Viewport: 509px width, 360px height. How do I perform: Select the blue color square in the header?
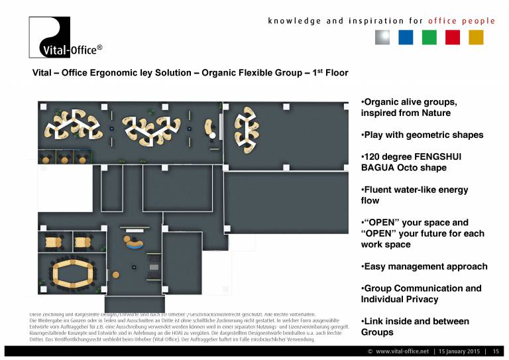coord(406,37)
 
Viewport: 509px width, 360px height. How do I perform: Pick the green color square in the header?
coord(429,37)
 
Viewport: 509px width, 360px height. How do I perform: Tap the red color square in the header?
coord(453,37)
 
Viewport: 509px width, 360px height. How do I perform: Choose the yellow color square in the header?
coord(477,37)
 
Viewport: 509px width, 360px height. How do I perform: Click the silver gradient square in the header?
coord(382,37)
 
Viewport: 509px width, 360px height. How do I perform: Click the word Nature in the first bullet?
coord(435,113)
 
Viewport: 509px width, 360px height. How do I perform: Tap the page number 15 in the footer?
coord(495,351)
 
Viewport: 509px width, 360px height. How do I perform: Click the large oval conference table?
coord(73,273)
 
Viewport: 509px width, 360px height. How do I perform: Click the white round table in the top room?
coord(213,135)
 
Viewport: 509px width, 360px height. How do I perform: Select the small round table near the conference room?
coord(116,274)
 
